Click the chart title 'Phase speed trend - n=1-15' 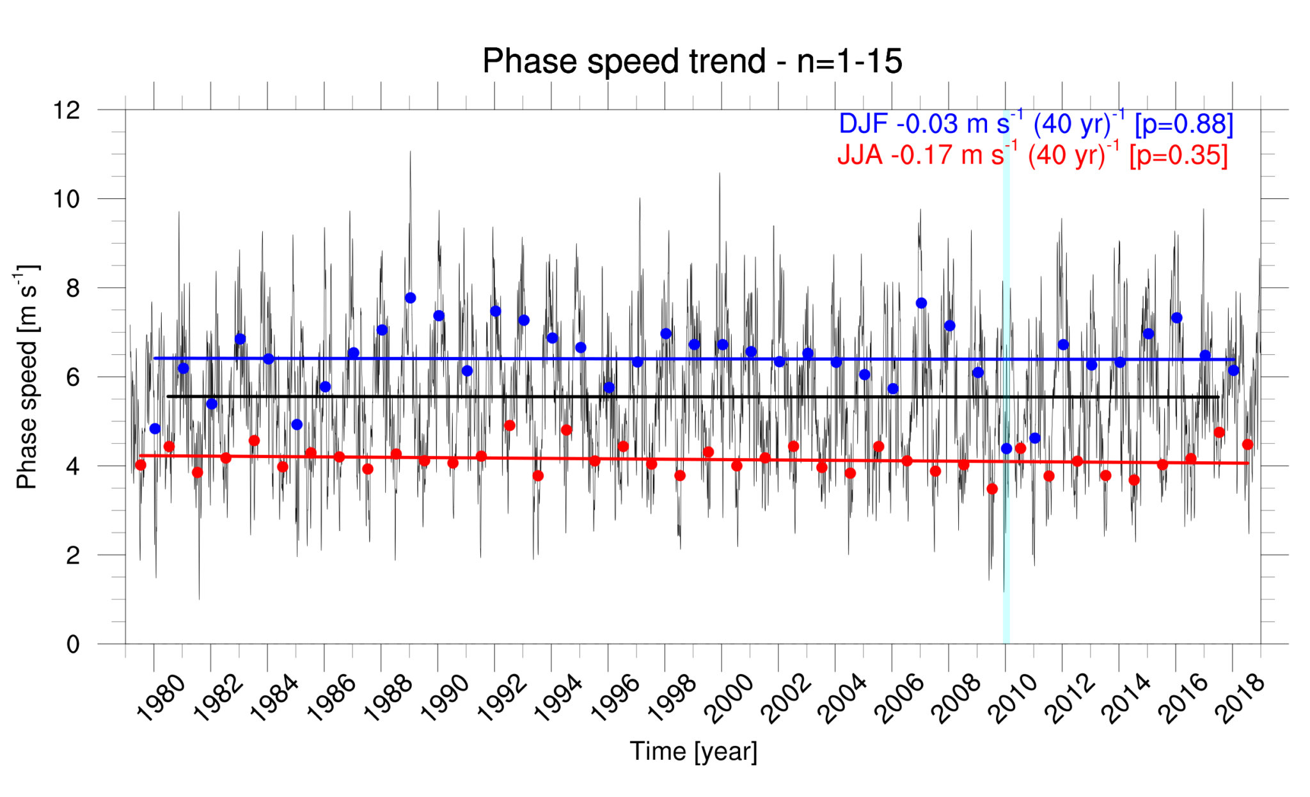click(692, 61)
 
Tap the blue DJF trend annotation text click(1036, 124)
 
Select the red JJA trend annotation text click(1032, 155)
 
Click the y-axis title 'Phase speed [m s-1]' click(28, 377)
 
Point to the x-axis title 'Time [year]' click(693, 751)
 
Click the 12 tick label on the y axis click(67, 110)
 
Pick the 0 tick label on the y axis click(73, 644)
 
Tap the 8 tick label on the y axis click(73, 288)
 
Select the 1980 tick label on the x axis click(161, 698)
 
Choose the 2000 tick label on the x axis click(729, 698)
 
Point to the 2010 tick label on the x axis click(1013, 698)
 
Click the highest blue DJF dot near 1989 click(411, 298)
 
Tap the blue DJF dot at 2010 click(1006, 448)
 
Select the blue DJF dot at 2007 click(921, 303)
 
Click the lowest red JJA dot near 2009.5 click(992, 489)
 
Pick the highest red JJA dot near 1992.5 click(510, 425)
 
